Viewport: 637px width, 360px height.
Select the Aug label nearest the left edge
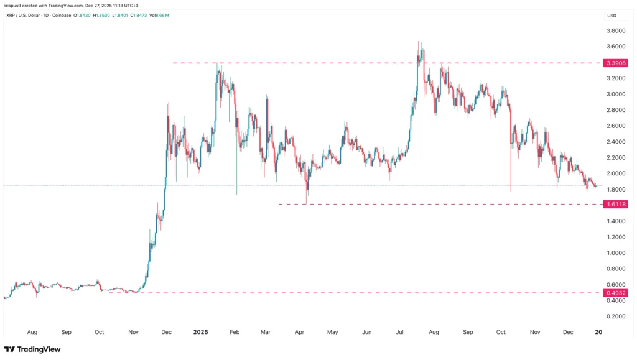(x=33, y=333)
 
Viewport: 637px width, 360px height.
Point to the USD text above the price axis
(x=611, y=16)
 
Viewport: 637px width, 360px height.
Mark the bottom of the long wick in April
(x=307, y=202)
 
